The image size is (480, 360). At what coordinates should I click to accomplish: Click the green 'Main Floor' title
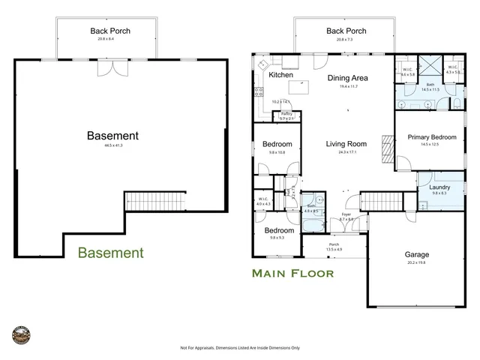point(292,273)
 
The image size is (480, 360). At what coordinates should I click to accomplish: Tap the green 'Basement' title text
point(110,253)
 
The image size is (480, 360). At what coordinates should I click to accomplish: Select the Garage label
point(417,254)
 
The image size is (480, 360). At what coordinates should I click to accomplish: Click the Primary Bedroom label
point(432,137)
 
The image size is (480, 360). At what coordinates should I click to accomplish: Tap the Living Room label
point(346,144)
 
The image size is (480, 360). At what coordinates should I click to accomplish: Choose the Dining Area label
point(348,77)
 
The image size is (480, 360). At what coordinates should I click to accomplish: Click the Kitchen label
point(280,75)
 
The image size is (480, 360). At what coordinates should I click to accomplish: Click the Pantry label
point(286,114)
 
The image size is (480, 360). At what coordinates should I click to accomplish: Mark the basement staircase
point(154,202)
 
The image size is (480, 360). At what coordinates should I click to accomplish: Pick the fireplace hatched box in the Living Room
point(386,148)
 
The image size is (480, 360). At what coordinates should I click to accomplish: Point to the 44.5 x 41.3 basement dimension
point(112,145)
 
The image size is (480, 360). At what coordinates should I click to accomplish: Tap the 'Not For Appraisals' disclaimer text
point(240,348)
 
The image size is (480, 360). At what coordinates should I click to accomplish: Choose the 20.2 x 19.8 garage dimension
point(417,262)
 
